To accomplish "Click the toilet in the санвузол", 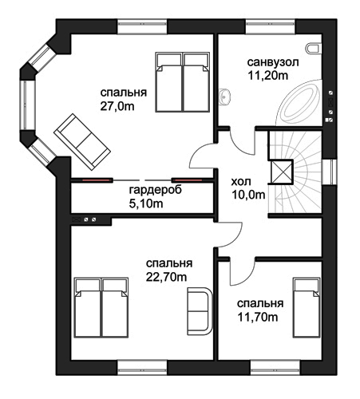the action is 313,49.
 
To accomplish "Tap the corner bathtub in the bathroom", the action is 300,102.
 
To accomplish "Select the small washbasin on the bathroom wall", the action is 225,97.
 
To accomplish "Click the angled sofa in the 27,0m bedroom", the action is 82,142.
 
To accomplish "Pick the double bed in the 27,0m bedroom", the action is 182,82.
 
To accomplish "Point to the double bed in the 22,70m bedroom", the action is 101,308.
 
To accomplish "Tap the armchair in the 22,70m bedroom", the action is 200,310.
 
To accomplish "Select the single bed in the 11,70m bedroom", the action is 307,308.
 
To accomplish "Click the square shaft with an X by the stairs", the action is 282,172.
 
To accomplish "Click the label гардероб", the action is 156,190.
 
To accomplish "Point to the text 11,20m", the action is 268,76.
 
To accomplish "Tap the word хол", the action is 241,182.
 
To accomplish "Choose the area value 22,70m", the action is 167,277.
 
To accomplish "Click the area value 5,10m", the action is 146,203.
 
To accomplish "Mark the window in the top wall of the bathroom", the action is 271,26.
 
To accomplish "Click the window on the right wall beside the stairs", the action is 330,172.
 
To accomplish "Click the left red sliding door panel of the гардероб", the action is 96,180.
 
